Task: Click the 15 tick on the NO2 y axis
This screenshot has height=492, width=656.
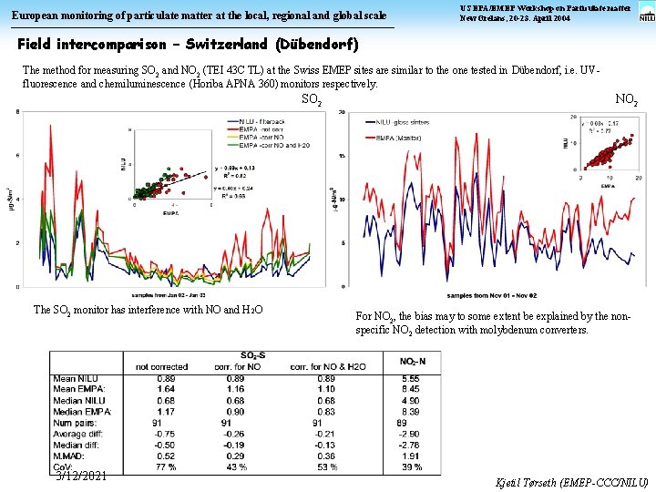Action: coord(342,155)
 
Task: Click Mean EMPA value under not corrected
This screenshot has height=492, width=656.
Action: coord(166,389)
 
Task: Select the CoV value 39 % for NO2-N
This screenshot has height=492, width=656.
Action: coord(410,466)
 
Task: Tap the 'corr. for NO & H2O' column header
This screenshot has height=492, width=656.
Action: coord(326,366)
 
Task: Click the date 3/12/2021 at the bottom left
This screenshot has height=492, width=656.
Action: coord(81,476)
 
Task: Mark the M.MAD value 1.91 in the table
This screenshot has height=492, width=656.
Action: coord(410,456)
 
